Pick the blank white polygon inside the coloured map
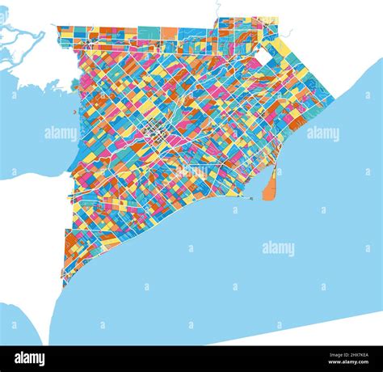263,57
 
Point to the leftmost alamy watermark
61,133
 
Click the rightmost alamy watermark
323,133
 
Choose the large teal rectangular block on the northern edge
148,33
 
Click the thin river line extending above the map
217,10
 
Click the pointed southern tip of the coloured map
64,285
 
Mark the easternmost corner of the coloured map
334,100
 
